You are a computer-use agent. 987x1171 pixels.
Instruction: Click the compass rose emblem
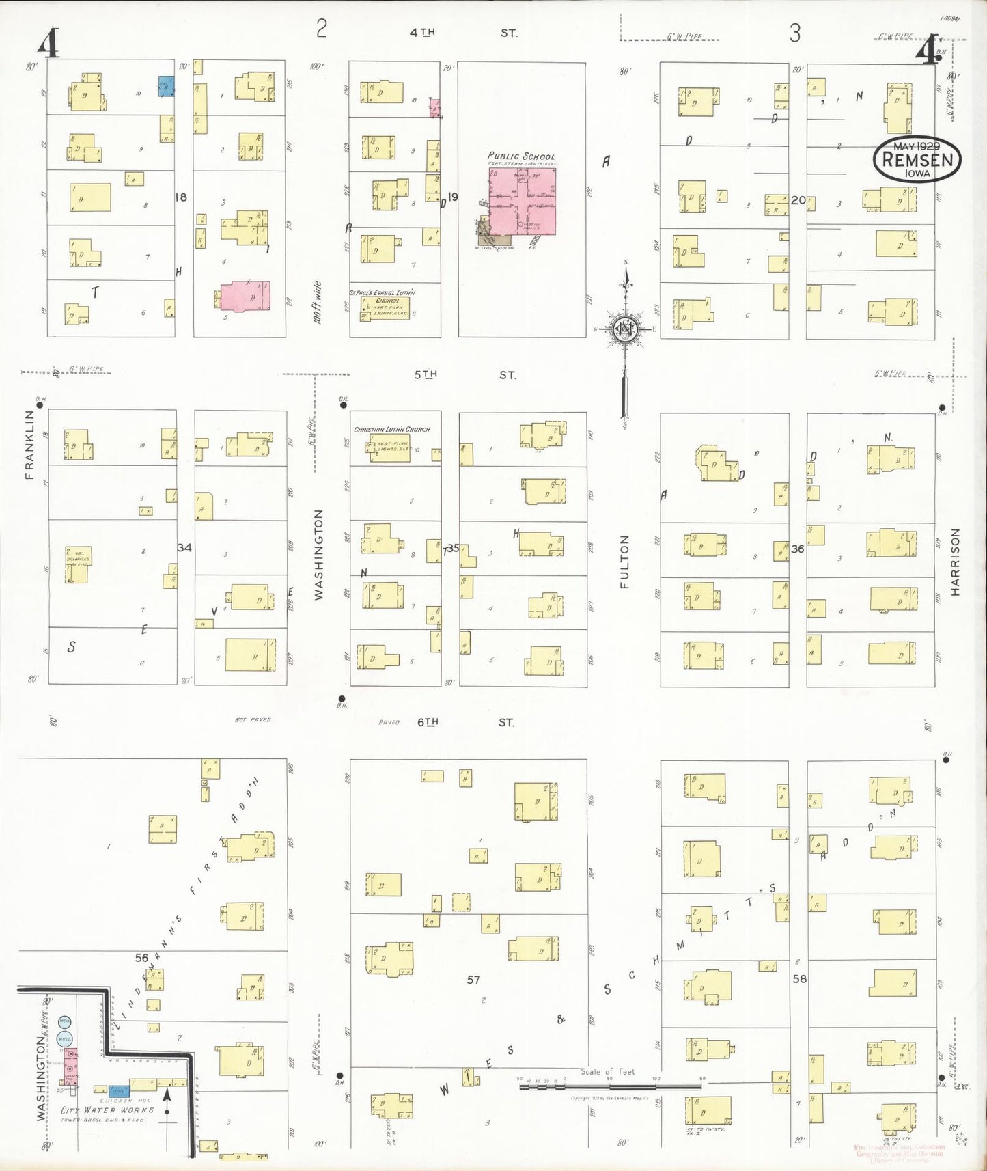(x=624, y=330)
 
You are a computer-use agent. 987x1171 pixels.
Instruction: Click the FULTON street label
(x=624, y=562)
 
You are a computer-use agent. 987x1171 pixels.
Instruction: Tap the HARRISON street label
(x=955, y=562)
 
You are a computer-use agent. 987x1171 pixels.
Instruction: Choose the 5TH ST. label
(x=464, y=375)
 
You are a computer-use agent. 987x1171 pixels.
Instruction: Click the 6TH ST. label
(x=464, y=722)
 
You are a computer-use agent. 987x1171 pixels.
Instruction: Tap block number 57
(x=473, y=980)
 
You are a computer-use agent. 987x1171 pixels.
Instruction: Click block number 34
(x=184, y=547)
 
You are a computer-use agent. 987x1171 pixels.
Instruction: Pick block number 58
(x=799, y=978)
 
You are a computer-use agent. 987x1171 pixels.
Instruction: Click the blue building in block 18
(x=165, y=86)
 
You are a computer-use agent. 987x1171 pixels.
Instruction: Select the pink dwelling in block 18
(x=245, y=297)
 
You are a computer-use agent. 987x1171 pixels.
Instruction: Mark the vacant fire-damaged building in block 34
(x=77, y=564)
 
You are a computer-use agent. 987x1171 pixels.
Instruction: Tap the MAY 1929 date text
(x=917, y=146)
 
